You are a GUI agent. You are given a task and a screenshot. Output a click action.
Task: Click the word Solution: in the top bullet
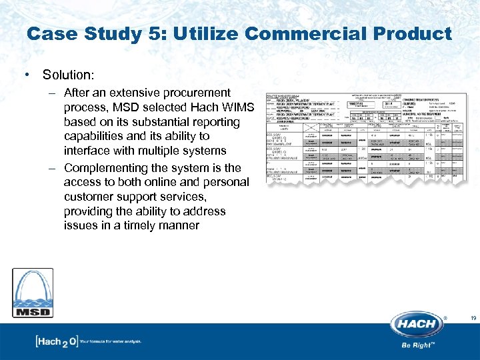tap(67, 75)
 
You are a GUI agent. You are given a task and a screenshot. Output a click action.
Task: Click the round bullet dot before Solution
tap(25, 75)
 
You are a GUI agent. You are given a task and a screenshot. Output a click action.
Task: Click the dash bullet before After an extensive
tap(53, 93)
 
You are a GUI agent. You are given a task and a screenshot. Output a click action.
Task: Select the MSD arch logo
tap(32, 293)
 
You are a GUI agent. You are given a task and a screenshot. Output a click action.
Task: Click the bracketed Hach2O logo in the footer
tap(56, 342)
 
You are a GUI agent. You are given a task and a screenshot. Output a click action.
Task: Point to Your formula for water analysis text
tap(110, 342)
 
